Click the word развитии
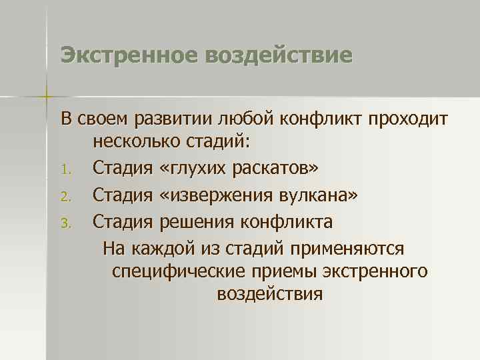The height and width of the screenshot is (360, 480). (x=176, y=119)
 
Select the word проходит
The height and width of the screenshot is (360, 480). (x=406, y=119)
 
